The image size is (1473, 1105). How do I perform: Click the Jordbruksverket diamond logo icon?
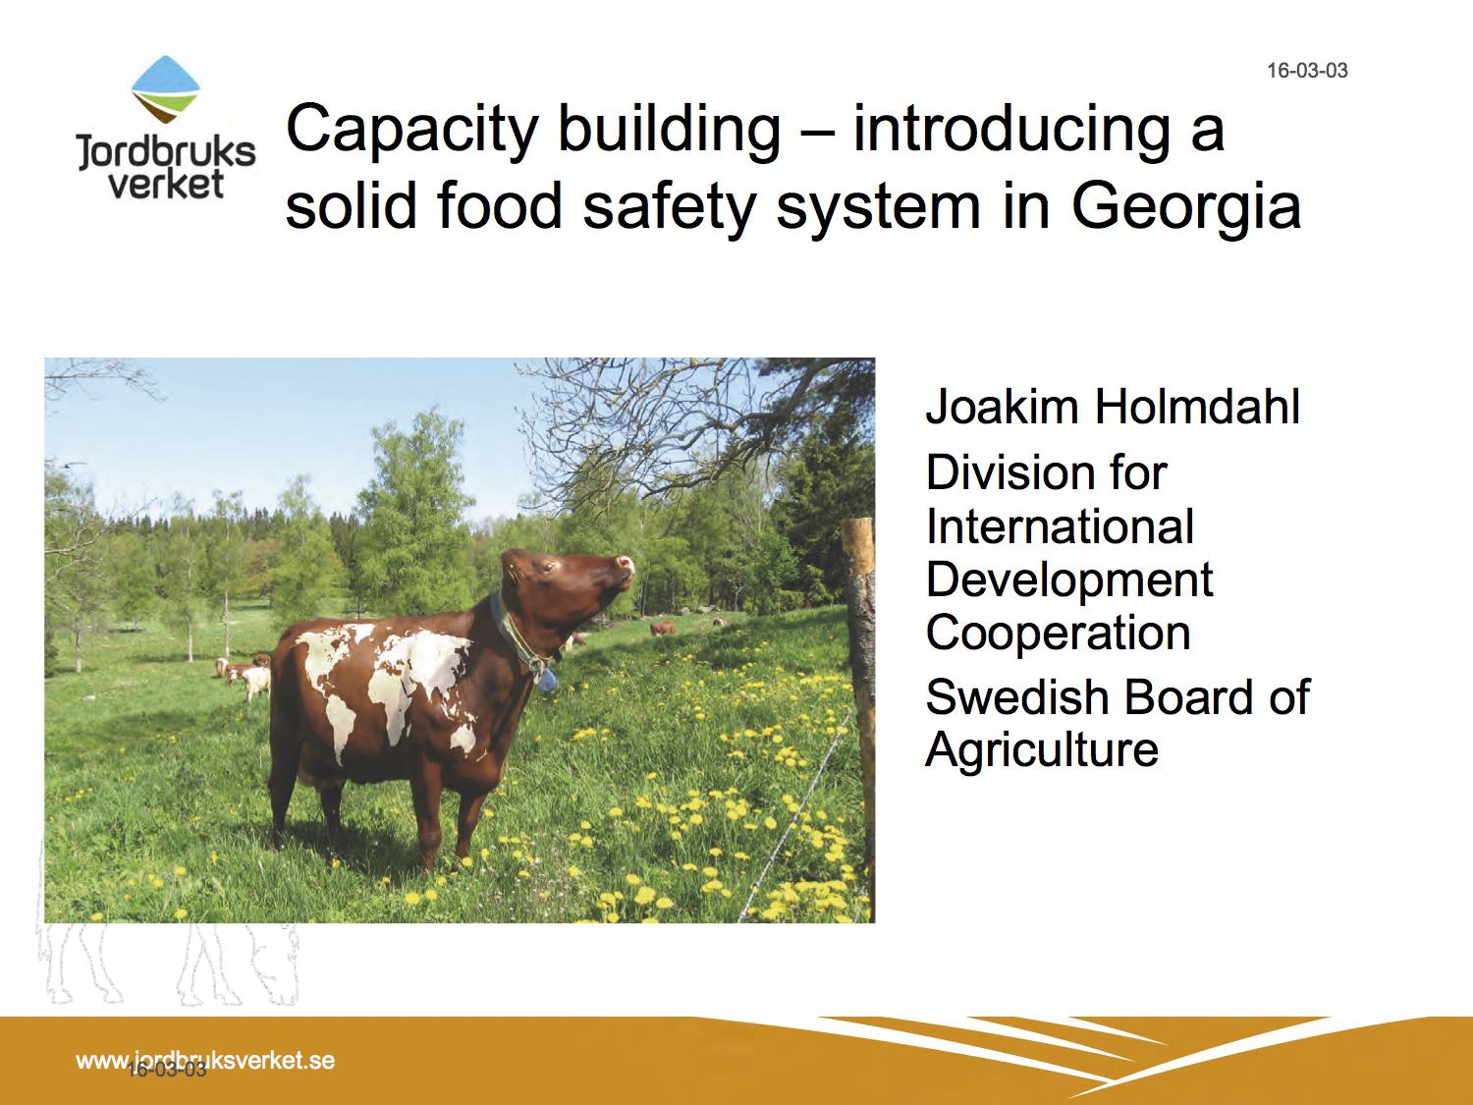coord(165,89)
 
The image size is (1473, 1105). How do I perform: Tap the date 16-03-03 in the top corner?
coord(1307,71)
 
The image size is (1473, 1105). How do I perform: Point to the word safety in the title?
coord(669,208)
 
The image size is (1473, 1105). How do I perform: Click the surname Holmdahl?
coord(1196,407)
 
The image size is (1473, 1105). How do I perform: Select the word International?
coord(1060,526)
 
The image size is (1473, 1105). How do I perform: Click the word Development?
coord(1069,581)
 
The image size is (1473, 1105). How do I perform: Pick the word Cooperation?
coord(1059,634)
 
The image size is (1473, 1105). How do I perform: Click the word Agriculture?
coord(1042,750)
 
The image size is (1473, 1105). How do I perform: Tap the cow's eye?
coord(550,567)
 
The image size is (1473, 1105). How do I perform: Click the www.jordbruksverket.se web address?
coord(205,1060)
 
